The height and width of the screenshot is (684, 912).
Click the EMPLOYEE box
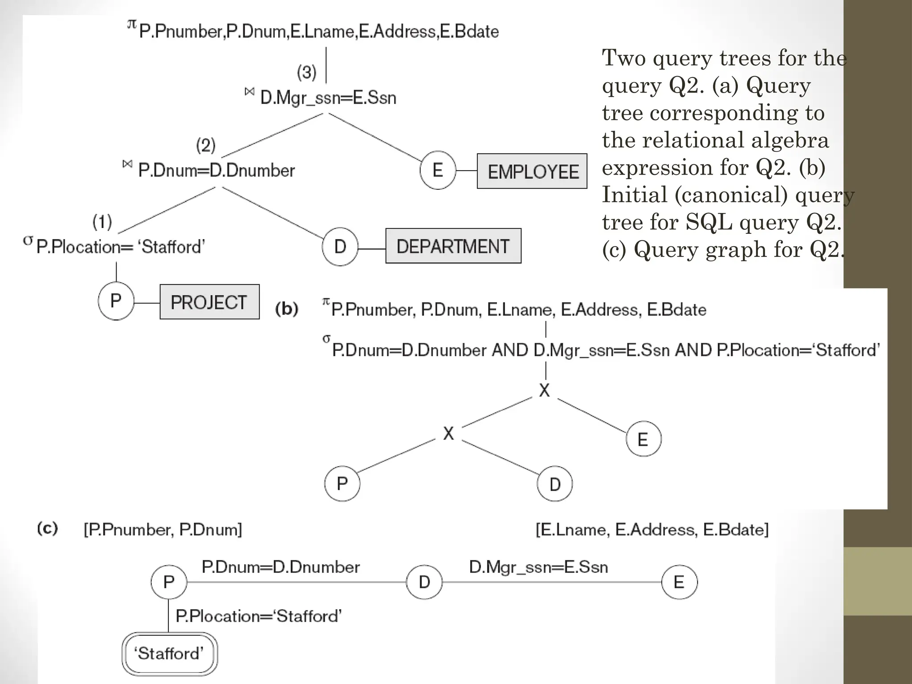[x=532, y=171]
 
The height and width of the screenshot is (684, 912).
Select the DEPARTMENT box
[x=453, y=246]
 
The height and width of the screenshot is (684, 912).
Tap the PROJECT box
[x=209, y=302]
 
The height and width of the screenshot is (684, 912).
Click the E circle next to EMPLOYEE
[x=438, y=170]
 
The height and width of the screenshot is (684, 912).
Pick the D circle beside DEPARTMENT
[x=340, y=246]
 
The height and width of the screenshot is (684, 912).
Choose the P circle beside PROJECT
[x=116, y=301]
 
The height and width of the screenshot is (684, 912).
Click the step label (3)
[x=306, y=72]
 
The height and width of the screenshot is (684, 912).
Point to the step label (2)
[x=206, y=145]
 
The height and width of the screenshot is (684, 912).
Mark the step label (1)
[x=102, y=222]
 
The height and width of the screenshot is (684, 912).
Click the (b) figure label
[x=286, y=309]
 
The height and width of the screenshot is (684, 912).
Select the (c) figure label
[x=47, y=529]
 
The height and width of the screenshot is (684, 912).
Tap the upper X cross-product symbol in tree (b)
[x=544, y=390]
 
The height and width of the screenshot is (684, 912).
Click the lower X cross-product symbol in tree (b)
[x=448, y=433]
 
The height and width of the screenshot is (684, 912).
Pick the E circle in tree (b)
[x=643, y=439]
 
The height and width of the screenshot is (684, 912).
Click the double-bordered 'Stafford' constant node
[x=169, y=654]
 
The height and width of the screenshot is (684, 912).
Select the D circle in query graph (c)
[x=424, y=582]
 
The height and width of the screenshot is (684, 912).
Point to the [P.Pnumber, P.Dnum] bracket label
[x=163, y=529]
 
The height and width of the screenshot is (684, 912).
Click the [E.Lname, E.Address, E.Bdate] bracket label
[x=652, y=529]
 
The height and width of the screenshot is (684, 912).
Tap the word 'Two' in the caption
[x=623, y=58]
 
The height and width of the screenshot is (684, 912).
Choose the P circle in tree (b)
[x=342, y=484]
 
